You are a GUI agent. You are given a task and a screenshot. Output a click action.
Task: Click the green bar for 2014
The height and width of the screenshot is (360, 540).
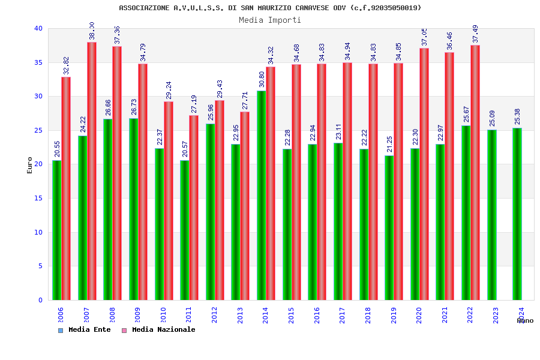pyautogui.click(x=262, y=195)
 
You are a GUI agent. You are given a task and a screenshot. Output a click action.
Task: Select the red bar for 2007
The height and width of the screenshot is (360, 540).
pyautogui.click(x=92, y=171)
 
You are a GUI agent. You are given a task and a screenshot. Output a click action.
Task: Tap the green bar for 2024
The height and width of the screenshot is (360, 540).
pyautogui.click(x=517, y=214)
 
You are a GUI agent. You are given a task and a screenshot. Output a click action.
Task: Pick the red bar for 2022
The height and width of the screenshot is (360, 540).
pyautogui.click(x=475, y=172)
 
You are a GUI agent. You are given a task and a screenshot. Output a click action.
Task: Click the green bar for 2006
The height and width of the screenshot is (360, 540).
pyautogui.click(x=56, y=230)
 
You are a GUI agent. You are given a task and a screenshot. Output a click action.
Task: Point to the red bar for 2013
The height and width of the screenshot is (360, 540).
pyautogui.click(x=245, y=206)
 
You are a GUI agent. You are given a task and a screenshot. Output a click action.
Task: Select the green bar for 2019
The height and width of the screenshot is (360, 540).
pyautogui.click(x=389, y=227)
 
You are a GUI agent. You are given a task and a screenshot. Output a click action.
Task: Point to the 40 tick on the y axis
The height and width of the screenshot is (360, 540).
pyautogui.click(x=38, y=29)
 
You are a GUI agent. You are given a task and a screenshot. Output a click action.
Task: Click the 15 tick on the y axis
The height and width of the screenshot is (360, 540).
pyautogui.click(x=38, y=199)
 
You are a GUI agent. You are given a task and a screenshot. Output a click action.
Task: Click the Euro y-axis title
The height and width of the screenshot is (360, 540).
pyautogui.click(x=30, y=165)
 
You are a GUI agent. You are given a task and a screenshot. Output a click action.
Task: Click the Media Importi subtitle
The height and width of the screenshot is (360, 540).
pyautogui.click(x=270, y=20)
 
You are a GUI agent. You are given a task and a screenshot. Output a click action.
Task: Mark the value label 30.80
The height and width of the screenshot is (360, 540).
pyautogui.click(x=261, y=80)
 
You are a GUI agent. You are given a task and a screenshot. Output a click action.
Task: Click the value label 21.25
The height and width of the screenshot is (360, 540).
pyautogui.click(x=389, y=145)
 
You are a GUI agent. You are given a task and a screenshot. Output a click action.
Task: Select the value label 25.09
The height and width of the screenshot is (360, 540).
pyautogui.click(x=492, y=118)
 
